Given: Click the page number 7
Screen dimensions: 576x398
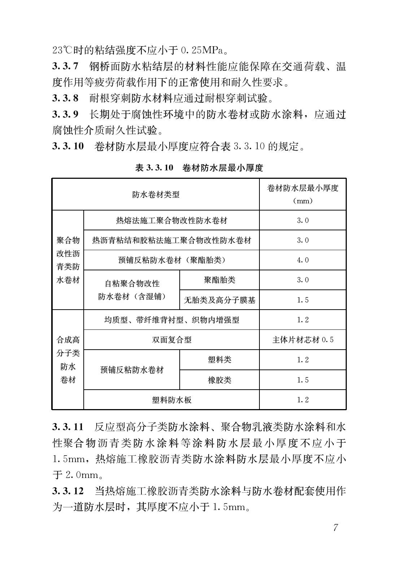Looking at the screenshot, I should [x=336, y=528].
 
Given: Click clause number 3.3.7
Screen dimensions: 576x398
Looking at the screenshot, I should [x=65, y=66].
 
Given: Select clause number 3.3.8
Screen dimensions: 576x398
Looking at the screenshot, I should [x=65, y=98].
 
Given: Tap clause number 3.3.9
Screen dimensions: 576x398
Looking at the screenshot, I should [x=65, y=114].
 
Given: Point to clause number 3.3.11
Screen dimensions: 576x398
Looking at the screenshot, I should [x=68, y=427].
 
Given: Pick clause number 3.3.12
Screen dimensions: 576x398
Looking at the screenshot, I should [x=68, y=491].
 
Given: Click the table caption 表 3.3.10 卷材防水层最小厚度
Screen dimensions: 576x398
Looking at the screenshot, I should [x=199, y=168].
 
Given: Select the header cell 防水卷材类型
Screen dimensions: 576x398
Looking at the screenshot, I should [x=156, y=195].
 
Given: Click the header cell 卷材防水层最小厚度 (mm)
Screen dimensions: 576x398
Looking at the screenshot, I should [x=302, y=194].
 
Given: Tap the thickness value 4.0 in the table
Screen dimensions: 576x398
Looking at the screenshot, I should [x=302, y=260].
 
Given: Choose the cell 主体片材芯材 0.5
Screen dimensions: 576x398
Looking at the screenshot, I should [x=302, y=340].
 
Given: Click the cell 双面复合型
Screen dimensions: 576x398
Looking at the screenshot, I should [x=171, y=340].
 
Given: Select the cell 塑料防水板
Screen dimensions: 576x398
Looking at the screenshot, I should [x=171, y=400].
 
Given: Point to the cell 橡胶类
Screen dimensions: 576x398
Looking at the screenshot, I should [x=219, y=380].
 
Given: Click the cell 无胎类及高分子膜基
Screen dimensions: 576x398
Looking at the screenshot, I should [x=219, y=300].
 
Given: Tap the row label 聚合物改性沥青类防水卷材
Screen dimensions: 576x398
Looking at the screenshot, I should [x=68, y=260].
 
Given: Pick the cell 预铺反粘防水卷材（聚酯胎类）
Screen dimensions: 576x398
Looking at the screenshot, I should [x=171, y=260].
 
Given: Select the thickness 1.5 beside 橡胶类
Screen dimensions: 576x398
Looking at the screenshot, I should [x=302, y=380].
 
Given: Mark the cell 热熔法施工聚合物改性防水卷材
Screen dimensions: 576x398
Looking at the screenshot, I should [x=171, y=220].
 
